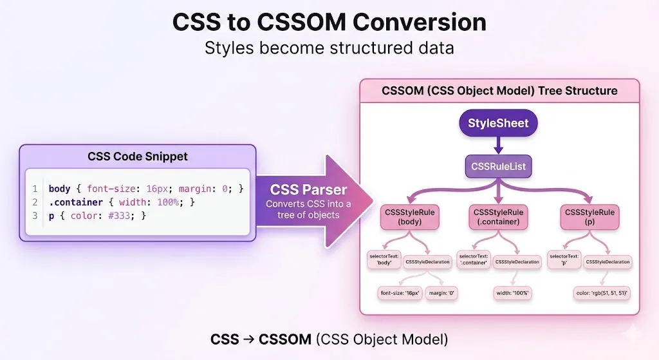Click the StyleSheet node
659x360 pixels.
pos(498,123)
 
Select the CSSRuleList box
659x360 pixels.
pos(498,166)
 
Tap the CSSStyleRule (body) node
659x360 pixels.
pos(409,217)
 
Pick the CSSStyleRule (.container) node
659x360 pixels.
pos(498,217)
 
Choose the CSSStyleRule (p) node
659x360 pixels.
pos(589,217)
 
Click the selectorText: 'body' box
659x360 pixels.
pos(384,260)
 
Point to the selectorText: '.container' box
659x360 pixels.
pos(473,260)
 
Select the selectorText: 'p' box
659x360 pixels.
pos(564,260)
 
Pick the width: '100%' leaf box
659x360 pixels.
pos(513,294)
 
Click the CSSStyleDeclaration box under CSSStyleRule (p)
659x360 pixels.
pos(608,261)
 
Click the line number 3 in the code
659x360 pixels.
pos(35,216)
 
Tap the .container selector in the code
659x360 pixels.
pos(75,202)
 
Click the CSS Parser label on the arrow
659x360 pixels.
pos(308,190)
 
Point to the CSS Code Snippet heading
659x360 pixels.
pos(138,156)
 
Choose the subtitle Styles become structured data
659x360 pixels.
pos(329,48)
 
